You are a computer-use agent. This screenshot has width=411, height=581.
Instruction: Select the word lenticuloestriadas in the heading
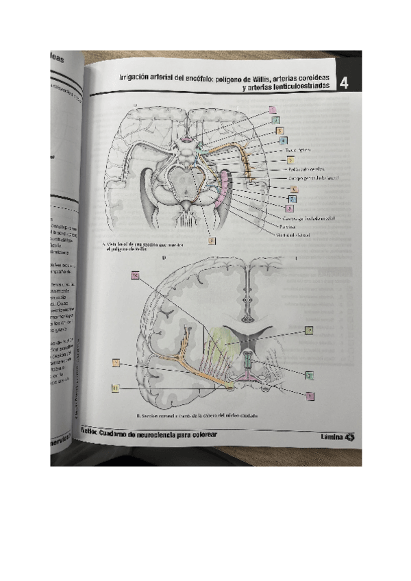coord(295,86)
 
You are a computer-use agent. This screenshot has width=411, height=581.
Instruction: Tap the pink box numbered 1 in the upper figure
coord(273,109)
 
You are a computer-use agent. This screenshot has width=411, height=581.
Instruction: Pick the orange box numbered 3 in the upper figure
coord(279,131)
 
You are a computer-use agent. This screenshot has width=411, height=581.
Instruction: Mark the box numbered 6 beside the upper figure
coord(293,188)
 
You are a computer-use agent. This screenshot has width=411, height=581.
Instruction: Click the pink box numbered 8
coord(291,208)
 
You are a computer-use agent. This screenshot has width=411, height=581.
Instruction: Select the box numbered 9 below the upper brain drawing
coord(212,240)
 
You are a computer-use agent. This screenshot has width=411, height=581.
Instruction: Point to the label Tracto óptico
coord(298,150)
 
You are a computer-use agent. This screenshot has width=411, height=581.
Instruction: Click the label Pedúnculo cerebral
coord(309,168)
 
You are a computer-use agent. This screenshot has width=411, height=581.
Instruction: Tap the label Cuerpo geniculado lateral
coord(314,177)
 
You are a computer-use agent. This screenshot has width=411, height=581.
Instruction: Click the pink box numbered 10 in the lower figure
coord(135,275)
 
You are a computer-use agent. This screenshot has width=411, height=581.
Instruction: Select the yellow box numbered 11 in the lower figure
coord(116,388)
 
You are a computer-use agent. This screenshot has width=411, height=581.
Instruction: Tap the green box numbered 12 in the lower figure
coord(310,330)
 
